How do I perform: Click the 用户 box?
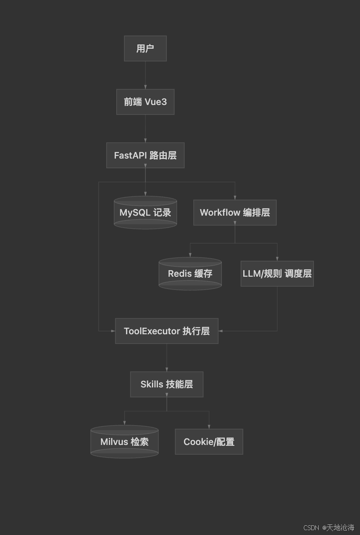145,48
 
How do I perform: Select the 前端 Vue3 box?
145,102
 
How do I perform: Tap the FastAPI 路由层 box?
145,155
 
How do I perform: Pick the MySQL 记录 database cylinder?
145,213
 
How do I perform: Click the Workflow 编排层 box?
234,213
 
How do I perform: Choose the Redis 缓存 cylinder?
190,274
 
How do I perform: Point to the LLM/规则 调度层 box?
277,274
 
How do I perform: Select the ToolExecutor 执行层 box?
166,331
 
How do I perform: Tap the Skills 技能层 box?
166,384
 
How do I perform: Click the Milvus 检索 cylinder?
124,442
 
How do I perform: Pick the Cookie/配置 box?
209,442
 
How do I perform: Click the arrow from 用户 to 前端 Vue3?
145,75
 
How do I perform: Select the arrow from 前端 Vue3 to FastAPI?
145,128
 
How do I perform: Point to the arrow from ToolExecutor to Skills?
167,358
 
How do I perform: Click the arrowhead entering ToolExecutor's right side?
221,331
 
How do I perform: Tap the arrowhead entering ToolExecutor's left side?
112,331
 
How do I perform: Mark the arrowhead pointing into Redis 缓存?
190,255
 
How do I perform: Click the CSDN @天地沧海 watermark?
329,528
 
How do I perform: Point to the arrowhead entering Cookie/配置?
209,427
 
